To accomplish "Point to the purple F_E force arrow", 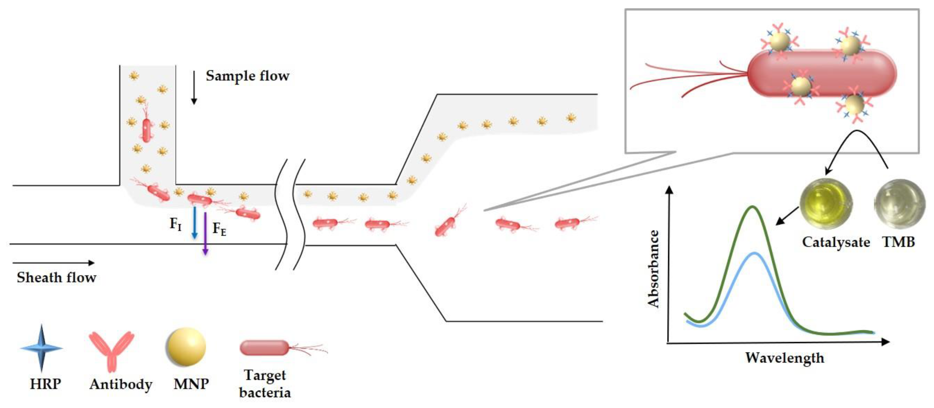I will pos(205,234).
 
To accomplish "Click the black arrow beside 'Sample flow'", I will pos(194,87).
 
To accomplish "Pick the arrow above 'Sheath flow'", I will pos(53,263).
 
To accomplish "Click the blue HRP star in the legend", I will pos(41,348).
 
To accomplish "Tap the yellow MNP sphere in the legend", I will pos(186,347).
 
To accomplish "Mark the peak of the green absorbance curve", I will pos(753,207).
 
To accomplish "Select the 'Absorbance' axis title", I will pos(653,269).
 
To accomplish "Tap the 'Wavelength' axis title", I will pos(785,358).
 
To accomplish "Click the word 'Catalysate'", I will pos(836,242).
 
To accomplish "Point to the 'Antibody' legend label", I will pos(121,384).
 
